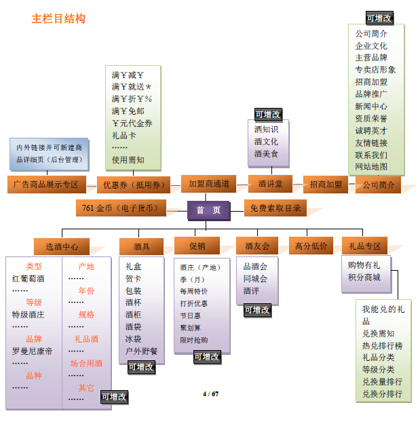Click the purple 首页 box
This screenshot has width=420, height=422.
(209, 210)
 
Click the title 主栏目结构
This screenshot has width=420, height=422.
(58, 19)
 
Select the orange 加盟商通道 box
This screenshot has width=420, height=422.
(208, 184)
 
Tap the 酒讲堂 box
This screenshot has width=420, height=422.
(270, 184)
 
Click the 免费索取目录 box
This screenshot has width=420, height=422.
(275, 208)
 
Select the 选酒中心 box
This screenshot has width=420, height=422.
(62, 246)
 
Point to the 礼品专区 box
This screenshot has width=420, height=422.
(364, 246)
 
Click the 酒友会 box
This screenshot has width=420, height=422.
(257, 246)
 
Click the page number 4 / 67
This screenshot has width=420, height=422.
(210, 394)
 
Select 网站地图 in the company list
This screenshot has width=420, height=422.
(371, 167)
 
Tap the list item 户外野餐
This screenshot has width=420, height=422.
(141, 351)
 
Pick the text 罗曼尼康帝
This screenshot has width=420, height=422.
(32, 351)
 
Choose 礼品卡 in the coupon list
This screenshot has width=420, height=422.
(124, 136)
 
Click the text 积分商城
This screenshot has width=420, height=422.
(364, 277)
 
